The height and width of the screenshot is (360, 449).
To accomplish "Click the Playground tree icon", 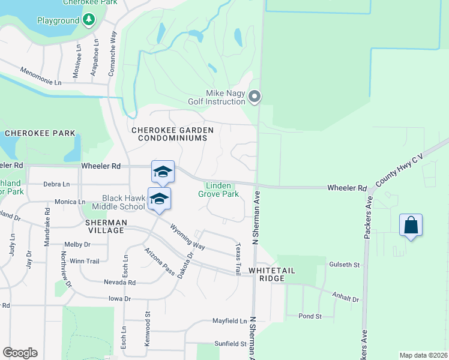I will pos(89,20).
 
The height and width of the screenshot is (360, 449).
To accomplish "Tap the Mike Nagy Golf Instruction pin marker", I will pos(255,97).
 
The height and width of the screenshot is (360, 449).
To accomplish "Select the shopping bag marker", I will pos(411,226).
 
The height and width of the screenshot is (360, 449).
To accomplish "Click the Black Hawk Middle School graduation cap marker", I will pos(159,199).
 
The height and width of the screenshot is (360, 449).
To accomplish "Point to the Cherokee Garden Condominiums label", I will pos(169,134).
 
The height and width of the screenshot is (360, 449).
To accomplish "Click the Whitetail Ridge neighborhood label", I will pos(272,271).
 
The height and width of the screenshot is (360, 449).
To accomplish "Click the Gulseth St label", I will pos(344,264).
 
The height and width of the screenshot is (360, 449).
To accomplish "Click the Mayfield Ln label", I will pos(229,321).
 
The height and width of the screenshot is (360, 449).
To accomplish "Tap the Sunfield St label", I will pos(231,344).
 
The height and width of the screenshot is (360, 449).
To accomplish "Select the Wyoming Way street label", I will pos(187,236).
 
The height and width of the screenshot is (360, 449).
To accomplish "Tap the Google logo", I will pos(20,353).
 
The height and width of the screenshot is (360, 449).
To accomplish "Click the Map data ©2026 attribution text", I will pos(423,355).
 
